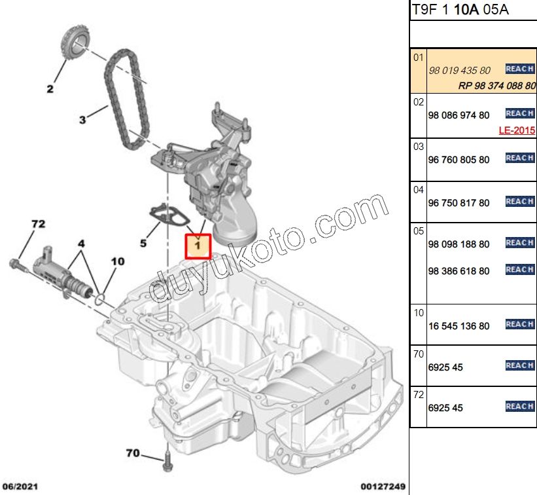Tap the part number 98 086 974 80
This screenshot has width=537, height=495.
click(x=458, y=115)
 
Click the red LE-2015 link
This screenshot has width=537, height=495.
click(x=517, y=130)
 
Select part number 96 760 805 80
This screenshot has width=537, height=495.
click(x=458, y=159)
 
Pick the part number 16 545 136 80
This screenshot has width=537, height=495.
click(x=458, y=325)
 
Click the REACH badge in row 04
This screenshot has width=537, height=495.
click(x=520, y=202)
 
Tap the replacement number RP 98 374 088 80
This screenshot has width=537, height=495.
click(x=496, y=85)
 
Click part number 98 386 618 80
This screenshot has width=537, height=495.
click(x=458, y=270)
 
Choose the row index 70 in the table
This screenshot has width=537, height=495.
click(x=419, y=354)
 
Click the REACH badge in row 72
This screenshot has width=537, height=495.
click(x=520, y=407)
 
